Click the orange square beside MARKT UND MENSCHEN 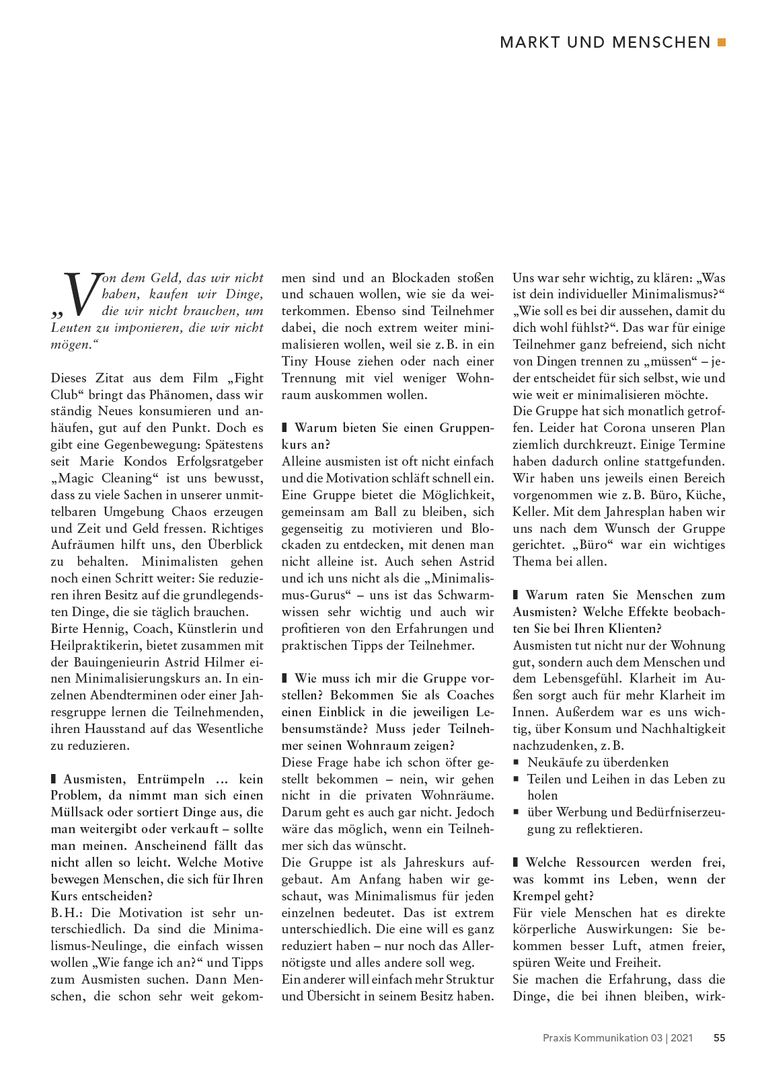[722, 42]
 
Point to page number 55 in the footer [719, 1037]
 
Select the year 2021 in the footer [681, 1037]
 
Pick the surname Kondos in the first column [145, 461]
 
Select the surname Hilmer [225, 662]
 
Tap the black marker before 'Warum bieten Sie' [284, 427]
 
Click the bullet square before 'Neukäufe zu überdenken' [517, 763]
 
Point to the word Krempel [538, 896]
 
